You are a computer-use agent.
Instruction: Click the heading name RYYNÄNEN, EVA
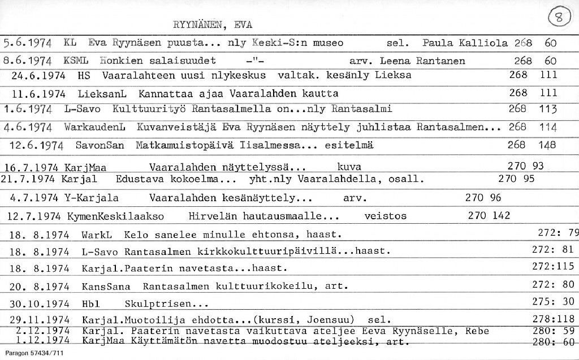point(212,25)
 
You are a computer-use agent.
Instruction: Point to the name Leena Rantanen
point(422,61)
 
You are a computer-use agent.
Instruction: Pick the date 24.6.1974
point(38,75)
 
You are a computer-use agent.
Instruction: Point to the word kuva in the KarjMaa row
point(349,167)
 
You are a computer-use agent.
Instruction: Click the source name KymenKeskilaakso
point(115,216)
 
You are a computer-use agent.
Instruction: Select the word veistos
point(385,216)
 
